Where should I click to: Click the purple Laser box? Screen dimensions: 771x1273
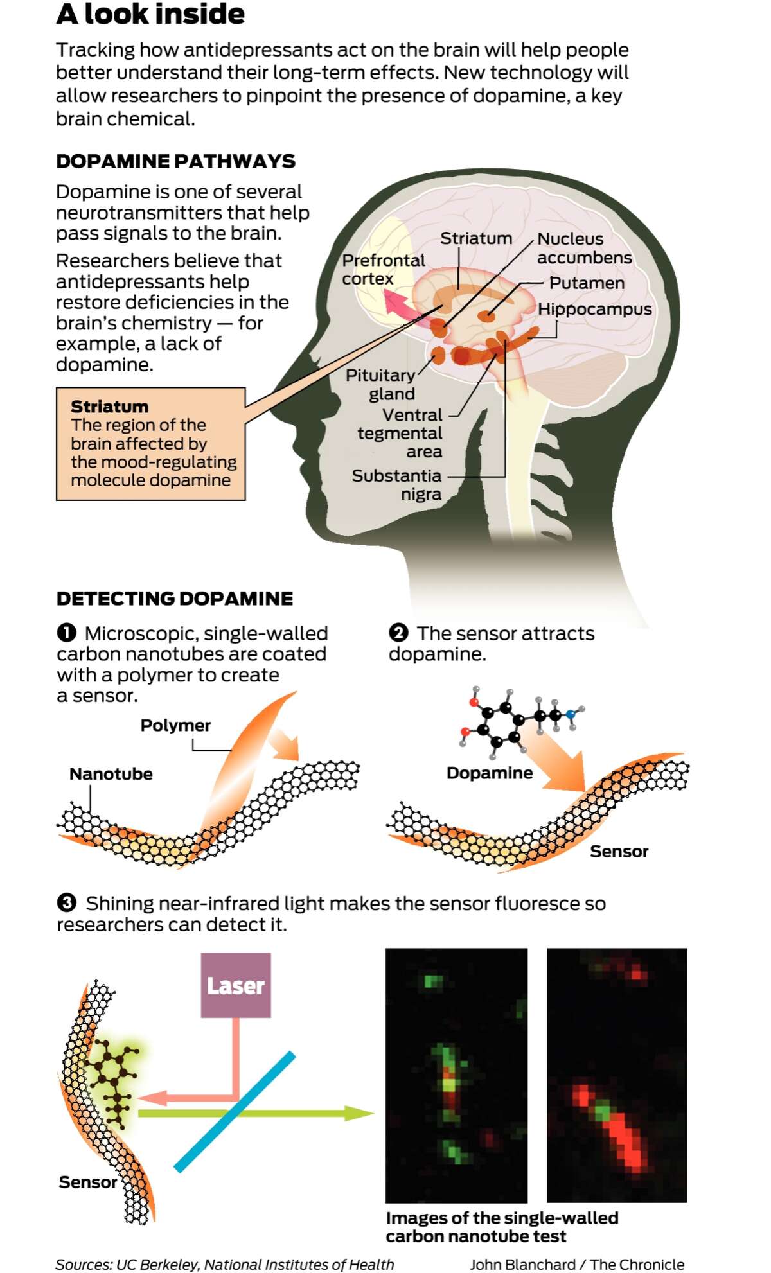[236, 985]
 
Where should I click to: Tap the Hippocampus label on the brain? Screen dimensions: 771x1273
[595, 309]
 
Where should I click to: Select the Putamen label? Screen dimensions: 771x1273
[587, 283]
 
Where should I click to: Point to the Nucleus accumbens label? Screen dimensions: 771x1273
[585, 248]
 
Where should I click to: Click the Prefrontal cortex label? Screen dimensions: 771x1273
[384, 269]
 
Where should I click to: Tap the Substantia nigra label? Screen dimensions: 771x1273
[397, 484]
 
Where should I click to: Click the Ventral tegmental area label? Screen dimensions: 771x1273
[400, 433]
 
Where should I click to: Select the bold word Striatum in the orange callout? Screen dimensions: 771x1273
[109, 407]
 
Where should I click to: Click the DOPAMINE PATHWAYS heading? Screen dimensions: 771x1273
[175, 161]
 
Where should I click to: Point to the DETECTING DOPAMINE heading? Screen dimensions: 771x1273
[175, 599]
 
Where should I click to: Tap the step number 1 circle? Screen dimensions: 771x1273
[66, 633]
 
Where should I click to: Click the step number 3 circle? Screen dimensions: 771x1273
[67, 903]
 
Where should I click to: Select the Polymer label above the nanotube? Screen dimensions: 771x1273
[175, 726]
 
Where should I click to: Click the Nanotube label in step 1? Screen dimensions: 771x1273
[111, 774]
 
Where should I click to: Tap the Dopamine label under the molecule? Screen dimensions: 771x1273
[490, 773]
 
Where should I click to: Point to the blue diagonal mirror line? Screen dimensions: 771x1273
[235, 1112]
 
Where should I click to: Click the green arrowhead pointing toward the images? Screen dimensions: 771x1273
[360, 1113]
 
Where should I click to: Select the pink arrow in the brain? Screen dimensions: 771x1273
[406, 307]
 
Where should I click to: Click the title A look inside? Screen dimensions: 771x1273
[150, 14]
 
